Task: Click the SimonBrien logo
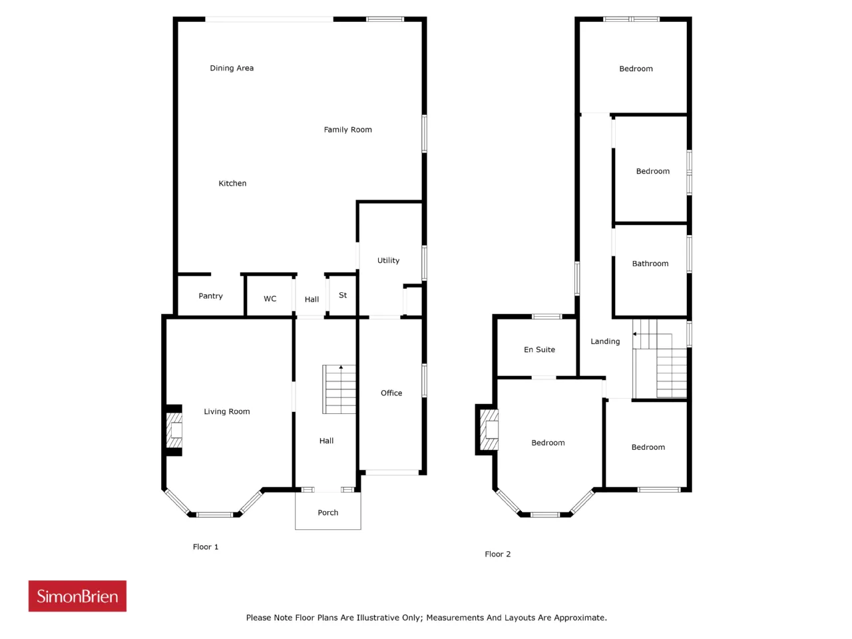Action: click(x=77, y=596)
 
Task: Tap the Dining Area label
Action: click(x=232, y=69)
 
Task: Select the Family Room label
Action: click(x=347, y=130)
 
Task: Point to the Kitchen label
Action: click(x=232, y=183)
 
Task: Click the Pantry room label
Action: click(x=210, y=296)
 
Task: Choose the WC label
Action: click(x=270, y=299)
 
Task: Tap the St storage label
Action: click(x=343, y=296)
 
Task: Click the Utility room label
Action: click(x=388, y=260)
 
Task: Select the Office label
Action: click(x=391, y=393)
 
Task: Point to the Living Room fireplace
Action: click(x=174, y=430)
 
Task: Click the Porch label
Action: click(x=328, y=513)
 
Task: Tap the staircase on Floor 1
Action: click(x=339, y=389)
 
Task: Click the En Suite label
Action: click(x=539, y=349)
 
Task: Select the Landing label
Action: click(x=605, y=341)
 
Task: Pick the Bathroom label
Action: click(x=650, y=264)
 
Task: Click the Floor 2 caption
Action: click(x=498, y=554)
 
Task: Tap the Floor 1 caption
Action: click(x=205, y=546)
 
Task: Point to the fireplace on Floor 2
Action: click(x=488, y=429)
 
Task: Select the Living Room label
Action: click(x=227, y=411)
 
